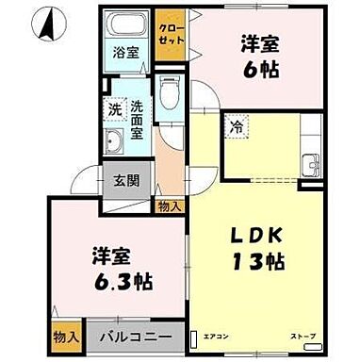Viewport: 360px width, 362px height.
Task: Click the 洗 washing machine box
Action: [x=113, y=109]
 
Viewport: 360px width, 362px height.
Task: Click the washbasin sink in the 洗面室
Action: [x=115, y=143]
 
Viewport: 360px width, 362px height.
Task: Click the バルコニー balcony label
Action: [x=138, y=336]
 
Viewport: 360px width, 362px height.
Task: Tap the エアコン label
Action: [x=216, y=335]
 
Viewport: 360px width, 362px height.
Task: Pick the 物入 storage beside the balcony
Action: [x=64, y=336]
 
